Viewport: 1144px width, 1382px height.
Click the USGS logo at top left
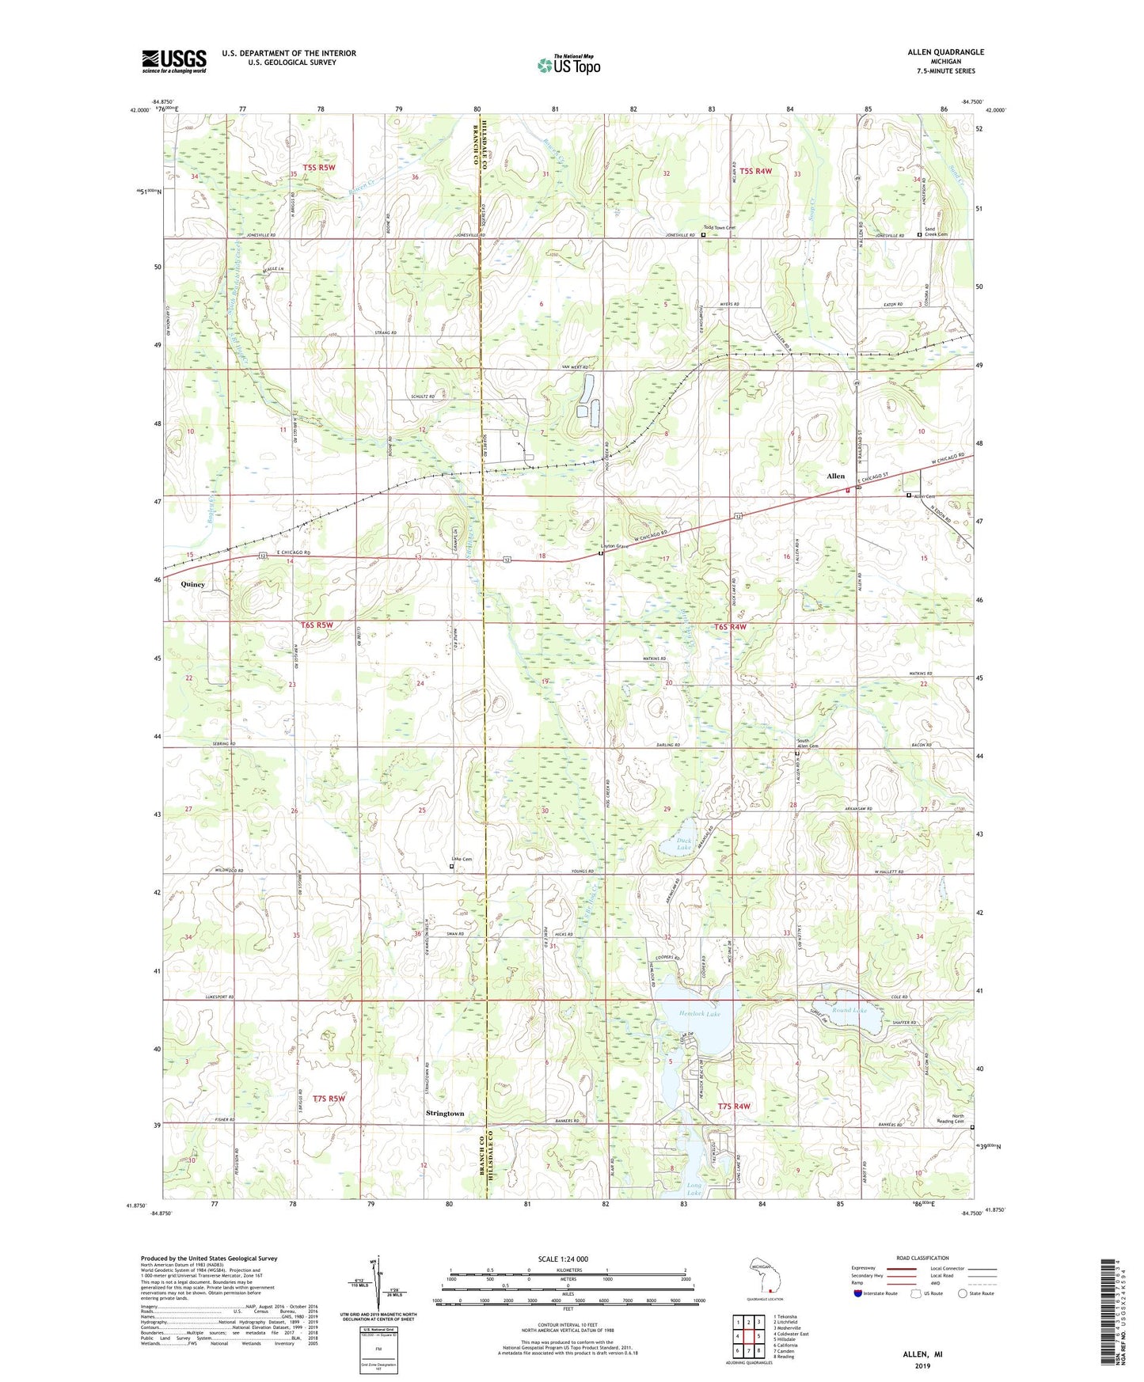[x=174, y=61]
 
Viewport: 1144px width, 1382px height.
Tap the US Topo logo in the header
[x=568, y=65]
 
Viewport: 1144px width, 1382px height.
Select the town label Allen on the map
[x=835, y=476]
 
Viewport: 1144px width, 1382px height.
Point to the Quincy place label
[x=192, y=584]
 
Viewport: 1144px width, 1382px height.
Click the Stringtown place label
[x=445, y=1114]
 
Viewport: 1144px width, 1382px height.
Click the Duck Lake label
[x=683, y=845]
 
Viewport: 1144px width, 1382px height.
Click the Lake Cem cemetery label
[x=462, y=860]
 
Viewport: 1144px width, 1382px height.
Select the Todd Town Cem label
[x=721, y=228]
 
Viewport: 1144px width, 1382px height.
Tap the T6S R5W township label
[x=317, y=625]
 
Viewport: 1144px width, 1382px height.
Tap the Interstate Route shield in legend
[x=860, y=1293]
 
